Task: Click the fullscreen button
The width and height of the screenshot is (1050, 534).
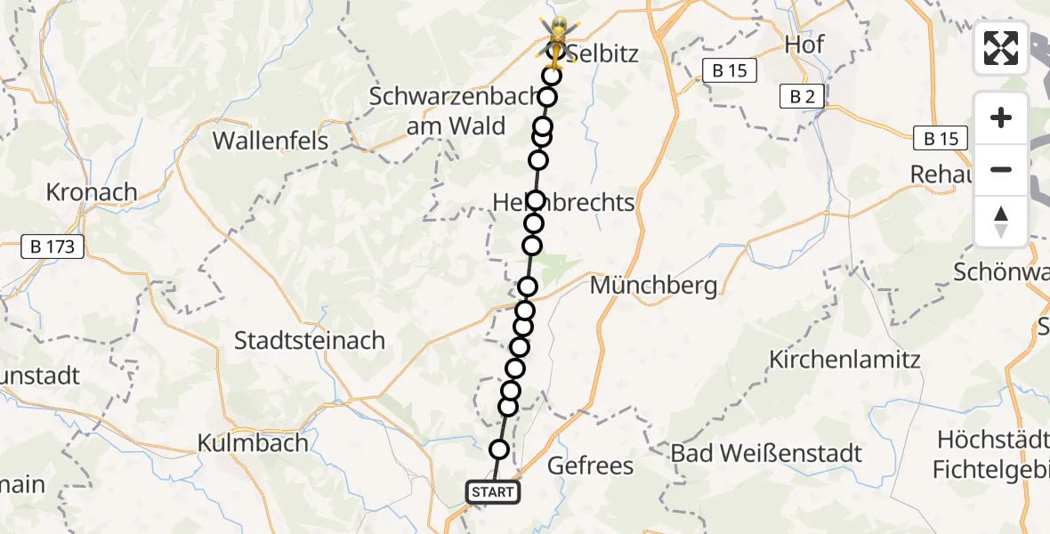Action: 1001,48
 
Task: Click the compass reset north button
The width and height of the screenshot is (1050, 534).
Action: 1001,222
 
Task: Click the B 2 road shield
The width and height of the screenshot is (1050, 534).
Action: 801,97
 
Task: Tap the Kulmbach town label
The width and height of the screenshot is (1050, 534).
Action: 253,442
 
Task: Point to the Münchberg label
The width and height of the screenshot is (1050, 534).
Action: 653,286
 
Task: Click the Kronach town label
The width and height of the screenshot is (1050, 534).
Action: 92,192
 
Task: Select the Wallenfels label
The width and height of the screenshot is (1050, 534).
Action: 271,140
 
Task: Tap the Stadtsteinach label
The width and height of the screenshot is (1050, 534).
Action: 309,340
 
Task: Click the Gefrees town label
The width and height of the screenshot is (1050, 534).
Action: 590,465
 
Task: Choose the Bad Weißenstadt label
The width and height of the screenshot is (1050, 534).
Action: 766,453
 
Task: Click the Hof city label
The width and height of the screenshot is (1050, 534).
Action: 804,44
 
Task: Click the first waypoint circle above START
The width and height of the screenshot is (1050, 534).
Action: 499,449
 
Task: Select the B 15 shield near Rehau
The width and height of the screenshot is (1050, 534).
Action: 941,138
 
